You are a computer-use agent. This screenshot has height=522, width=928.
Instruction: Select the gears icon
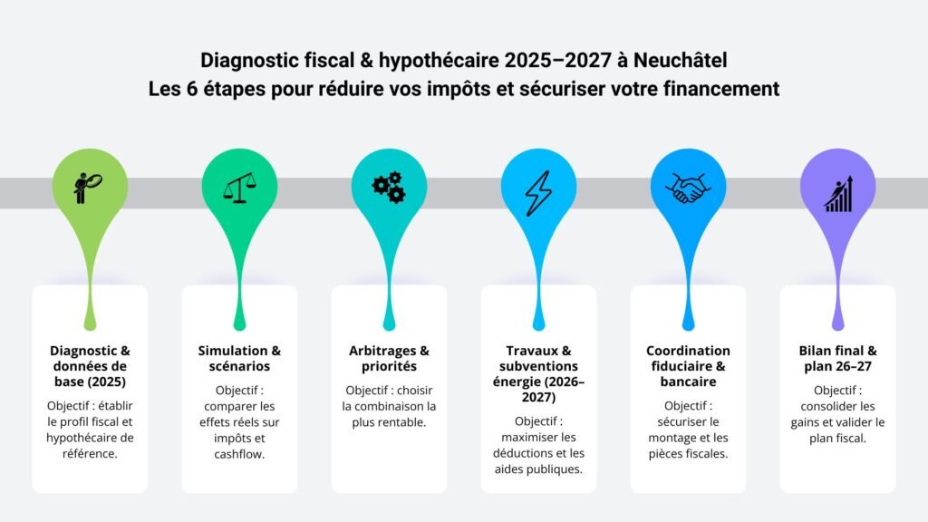[x=389, y=188]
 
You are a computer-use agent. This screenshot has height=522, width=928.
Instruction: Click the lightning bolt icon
[x=538, y=188]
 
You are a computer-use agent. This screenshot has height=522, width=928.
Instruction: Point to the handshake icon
[x=688, y=188]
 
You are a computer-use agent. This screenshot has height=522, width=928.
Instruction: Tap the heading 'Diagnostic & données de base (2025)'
[x=90, y=366]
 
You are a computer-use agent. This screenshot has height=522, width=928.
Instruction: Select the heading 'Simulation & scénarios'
[x=239, y=358]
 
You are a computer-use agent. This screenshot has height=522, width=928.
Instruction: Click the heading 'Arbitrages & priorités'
[x=389, y=358]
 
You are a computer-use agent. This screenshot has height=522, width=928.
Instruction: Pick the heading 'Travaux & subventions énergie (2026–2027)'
[x=538, y=374]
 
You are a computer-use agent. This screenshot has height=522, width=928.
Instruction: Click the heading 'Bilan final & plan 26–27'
[x=837, y=358]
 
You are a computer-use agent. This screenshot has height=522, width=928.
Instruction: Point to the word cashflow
[x=239, y=454]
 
